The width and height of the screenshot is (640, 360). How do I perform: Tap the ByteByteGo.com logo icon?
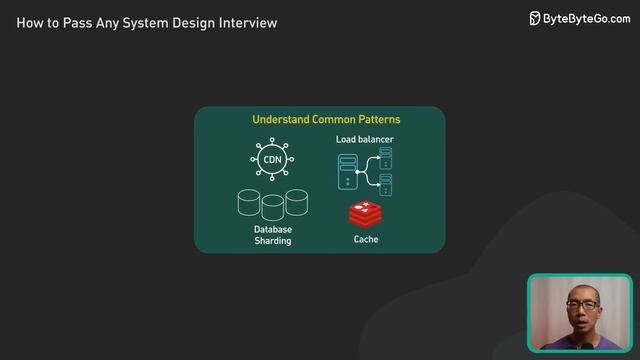(535, 18)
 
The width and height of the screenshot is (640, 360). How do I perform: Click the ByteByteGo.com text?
(587, 18)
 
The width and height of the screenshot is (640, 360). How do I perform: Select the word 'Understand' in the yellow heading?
(281, 119)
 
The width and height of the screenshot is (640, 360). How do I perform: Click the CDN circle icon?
(272, 160)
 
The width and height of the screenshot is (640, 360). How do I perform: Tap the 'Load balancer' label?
(364, 140)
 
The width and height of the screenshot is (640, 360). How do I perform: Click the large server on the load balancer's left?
(348, 172)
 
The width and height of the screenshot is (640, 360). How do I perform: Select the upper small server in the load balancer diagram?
(385, 157)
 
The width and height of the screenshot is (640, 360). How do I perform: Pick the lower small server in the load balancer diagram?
(385, 184)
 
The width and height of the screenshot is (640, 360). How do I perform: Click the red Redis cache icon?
(365, 213)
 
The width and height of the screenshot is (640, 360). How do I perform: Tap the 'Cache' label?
(365, 240)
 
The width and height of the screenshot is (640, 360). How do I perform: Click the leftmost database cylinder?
(249, 204)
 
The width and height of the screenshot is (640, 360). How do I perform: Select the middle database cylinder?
(272, 208)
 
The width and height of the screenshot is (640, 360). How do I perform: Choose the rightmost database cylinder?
(296, 203)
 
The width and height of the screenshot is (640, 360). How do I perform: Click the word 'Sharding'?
(272, 241)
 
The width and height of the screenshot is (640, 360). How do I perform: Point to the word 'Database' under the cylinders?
(272, 229)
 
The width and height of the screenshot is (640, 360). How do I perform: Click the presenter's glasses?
(579, 303)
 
